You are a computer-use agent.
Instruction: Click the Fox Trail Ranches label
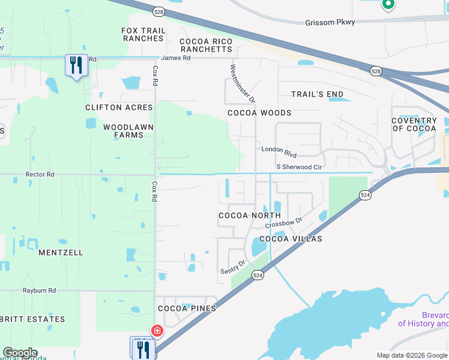point(142,34)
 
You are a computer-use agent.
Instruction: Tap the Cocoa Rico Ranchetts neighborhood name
point(206,45)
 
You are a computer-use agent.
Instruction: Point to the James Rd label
point(175,58)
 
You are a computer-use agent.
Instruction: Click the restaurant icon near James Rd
point(76,65)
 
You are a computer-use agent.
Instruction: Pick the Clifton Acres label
point(119,107)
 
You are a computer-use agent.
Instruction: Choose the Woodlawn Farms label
point(128,131)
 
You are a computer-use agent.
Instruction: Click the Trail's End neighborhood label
point(317,94)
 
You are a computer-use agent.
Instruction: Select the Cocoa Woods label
point(259,113)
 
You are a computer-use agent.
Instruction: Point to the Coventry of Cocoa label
point(414,125)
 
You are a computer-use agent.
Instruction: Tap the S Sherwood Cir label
point(300,166)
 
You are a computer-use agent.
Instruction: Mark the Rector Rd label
point(40,175)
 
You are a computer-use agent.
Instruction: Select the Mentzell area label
point(61,253)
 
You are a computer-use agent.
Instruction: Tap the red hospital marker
point(157,331)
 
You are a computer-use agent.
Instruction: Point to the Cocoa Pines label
point(187,308)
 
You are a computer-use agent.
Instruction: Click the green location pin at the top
point(388,5)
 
